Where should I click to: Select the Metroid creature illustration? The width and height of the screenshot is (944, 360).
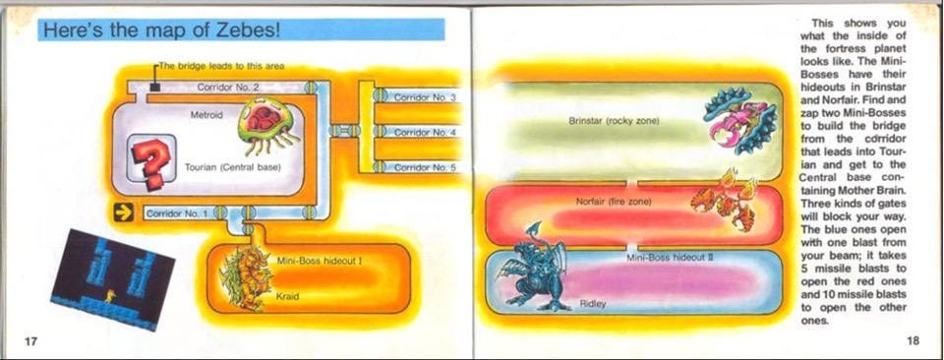tap(266, 125)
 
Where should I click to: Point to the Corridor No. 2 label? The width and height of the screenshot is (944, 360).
tap(227, 88)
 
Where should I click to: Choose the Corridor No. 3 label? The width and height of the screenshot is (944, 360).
tap(425, 98)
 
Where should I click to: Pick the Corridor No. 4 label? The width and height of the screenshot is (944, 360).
tap(425, 132)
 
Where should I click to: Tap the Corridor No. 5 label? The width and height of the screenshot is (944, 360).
tap(425, 167)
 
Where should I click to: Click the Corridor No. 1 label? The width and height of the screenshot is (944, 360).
tap(176, 212)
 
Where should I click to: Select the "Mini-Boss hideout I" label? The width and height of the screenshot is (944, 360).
tap(321, 261)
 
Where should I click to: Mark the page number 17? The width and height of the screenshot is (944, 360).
tap(31, 339)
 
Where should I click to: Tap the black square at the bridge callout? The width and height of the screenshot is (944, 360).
tap(155, 87)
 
